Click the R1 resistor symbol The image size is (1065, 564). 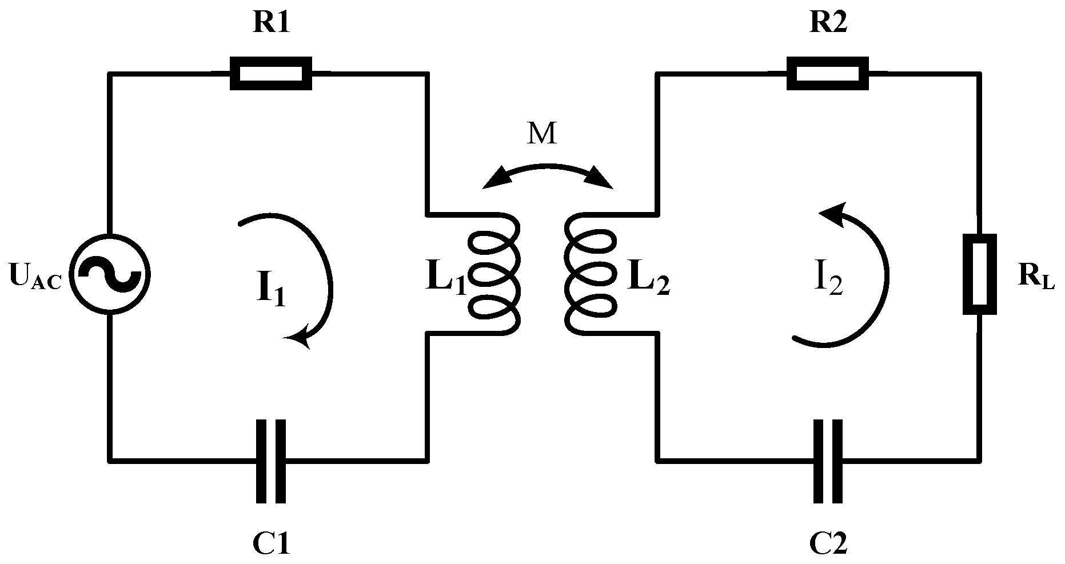pos(271,73)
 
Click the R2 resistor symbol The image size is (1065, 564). pos(828,73)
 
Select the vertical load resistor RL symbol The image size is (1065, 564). pos(980,274)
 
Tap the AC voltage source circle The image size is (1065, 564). pos(109,273)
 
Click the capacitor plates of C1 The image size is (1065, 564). pos(271,461)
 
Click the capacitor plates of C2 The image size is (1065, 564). pos(828,461)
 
